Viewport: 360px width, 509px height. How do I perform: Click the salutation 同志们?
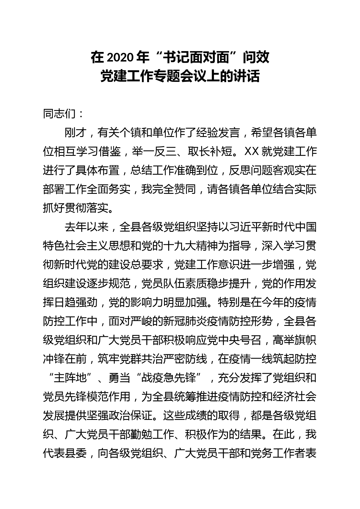pyautogui.click(x=59, y=114)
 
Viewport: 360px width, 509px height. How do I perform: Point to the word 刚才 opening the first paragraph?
pyautogui.click(x=75, y=133)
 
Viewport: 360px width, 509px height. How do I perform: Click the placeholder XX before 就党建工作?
pyautogui.click(x=252, y=152)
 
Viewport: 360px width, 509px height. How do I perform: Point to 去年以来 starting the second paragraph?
pyautogui.click(x=87, y=227)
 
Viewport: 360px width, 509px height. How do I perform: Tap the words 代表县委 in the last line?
pyautogui.click(x=65, y=454)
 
